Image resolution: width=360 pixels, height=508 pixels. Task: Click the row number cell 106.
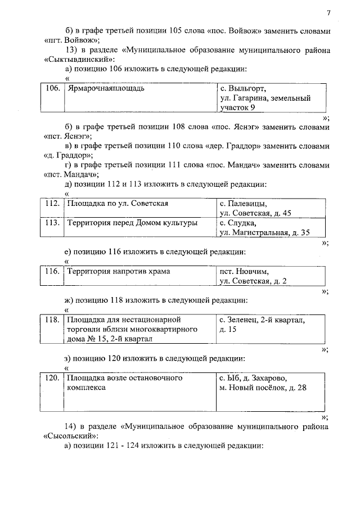[52, 89]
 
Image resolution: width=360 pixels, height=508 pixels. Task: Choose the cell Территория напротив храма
[119, 272]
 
